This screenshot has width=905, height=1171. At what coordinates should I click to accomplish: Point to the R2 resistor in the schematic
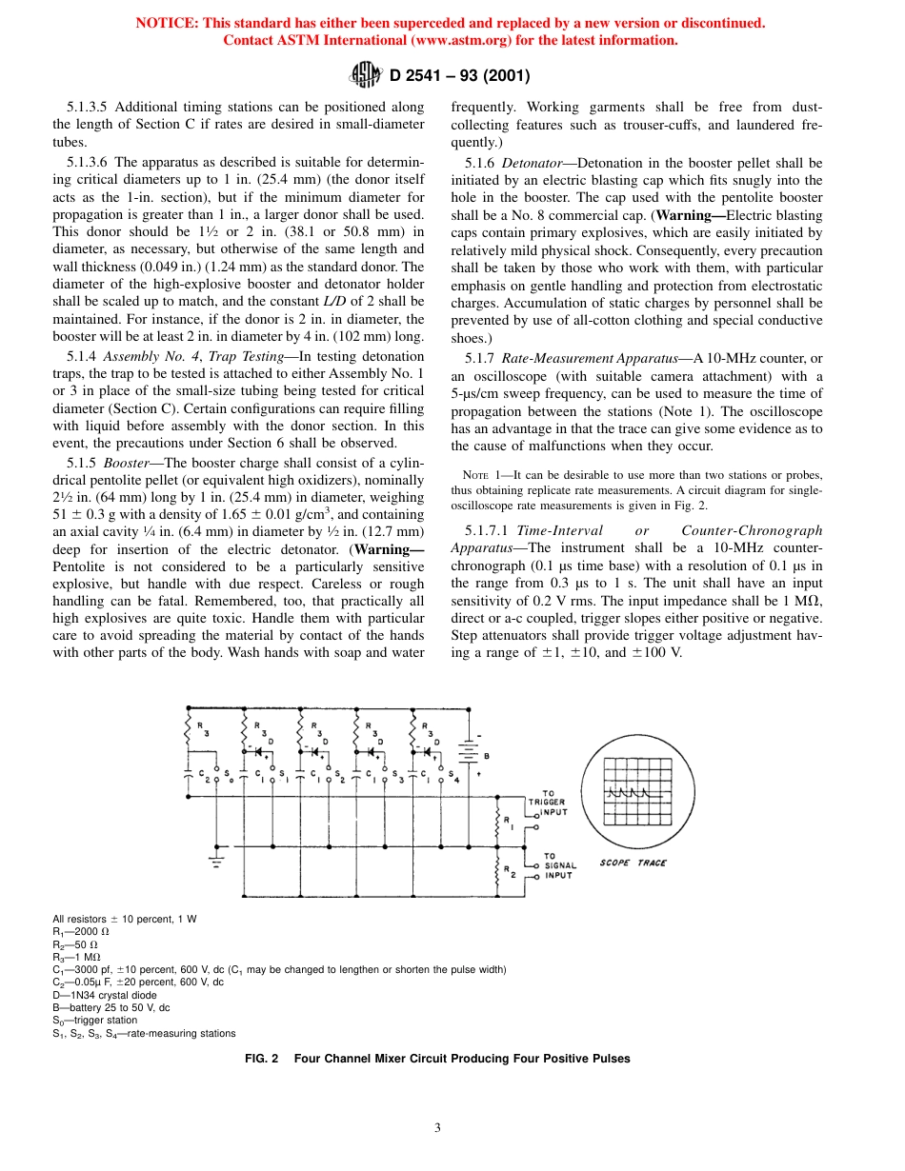tap(497, 870)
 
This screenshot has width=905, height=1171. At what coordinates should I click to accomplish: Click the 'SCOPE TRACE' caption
tap(633, 863)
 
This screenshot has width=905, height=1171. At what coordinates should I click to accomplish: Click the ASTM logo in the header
tap(366, 75)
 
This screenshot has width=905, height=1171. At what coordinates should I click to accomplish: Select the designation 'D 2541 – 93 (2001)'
tap(459, 76)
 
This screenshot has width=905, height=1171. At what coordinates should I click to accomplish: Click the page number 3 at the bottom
tap(437, 1128)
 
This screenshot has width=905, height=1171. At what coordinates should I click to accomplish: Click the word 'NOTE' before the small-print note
tap(475, 475)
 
